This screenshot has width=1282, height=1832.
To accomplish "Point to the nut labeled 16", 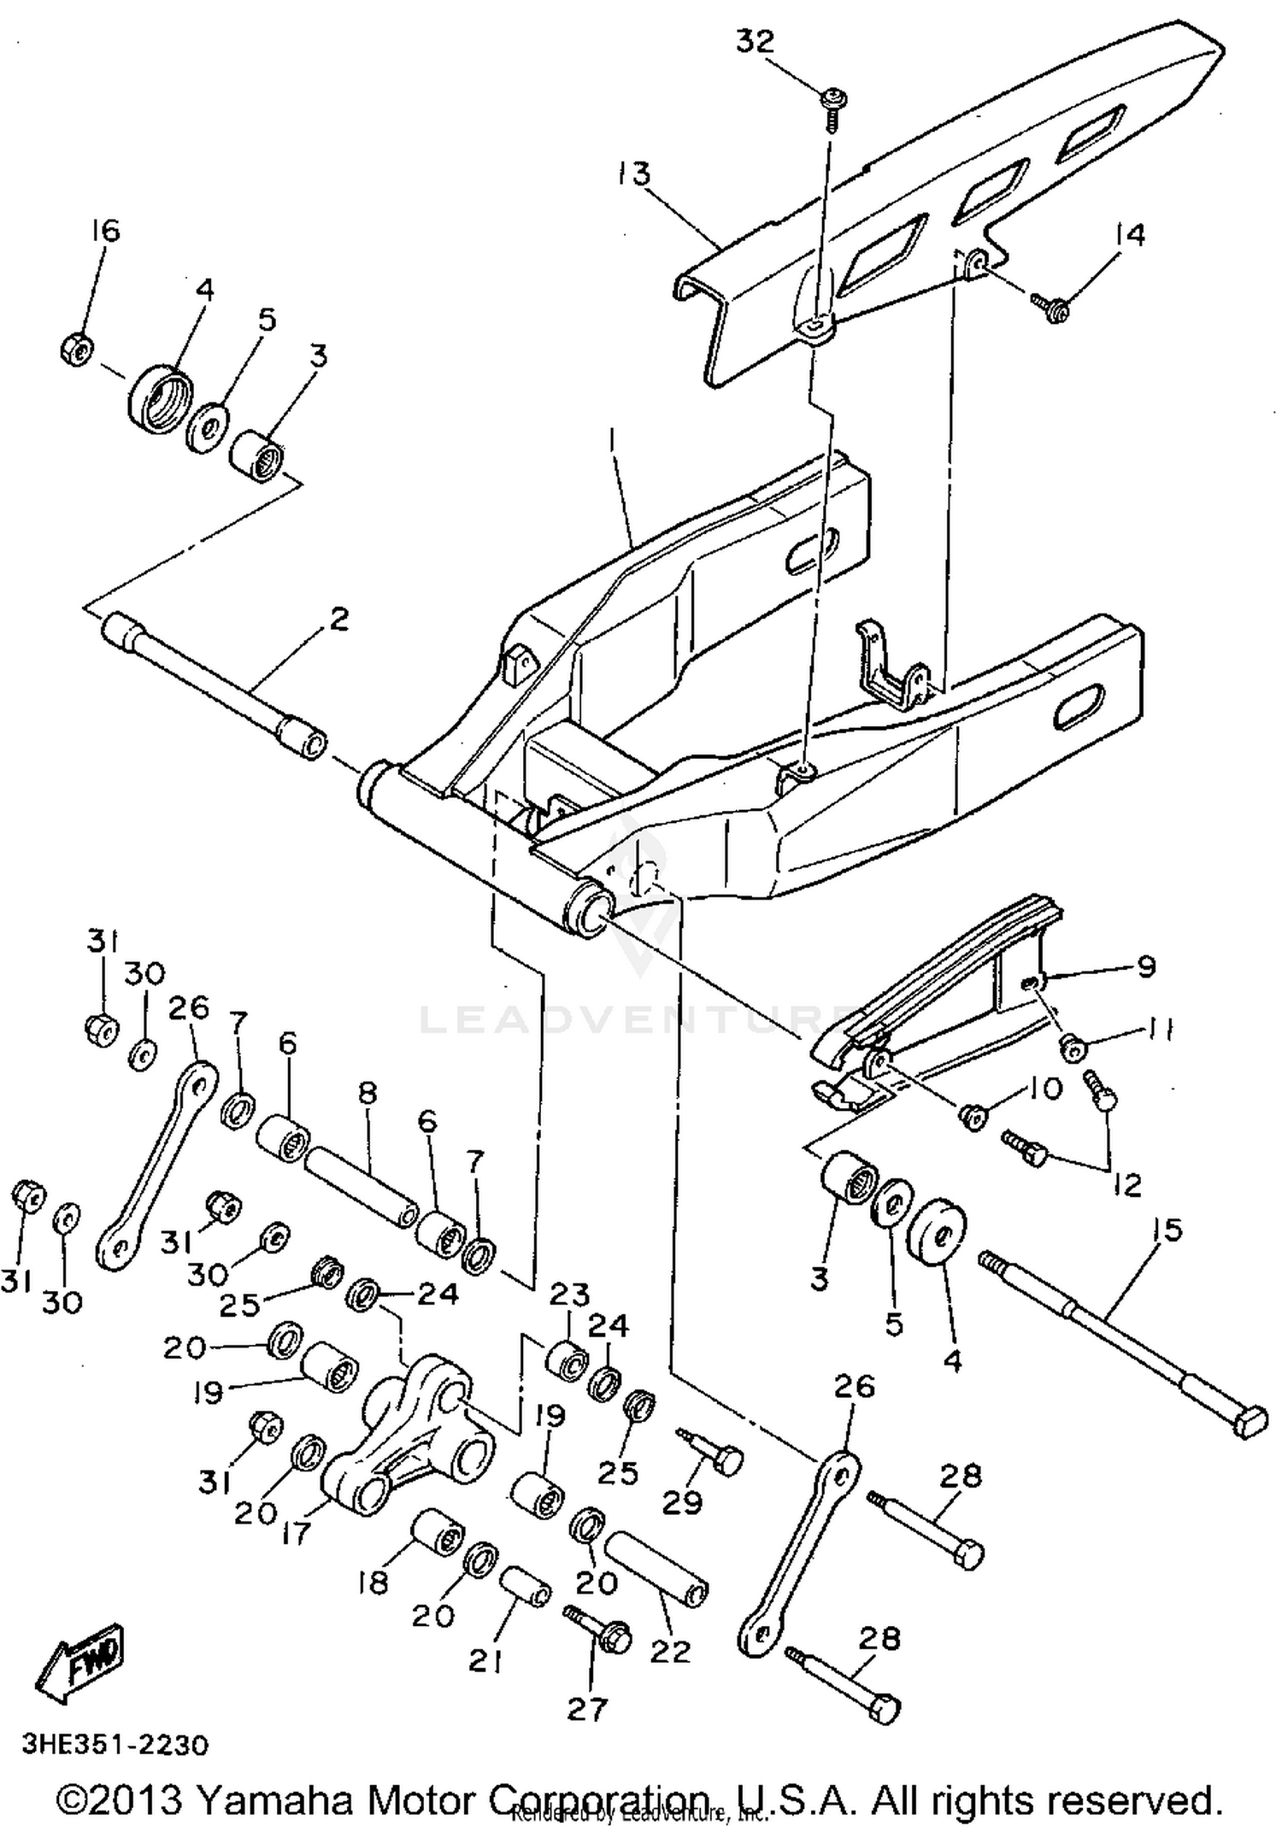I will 77,350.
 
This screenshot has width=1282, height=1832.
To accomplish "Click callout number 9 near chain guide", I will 1145,967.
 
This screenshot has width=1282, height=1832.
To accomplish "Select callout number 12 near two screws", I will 1128,1184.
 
